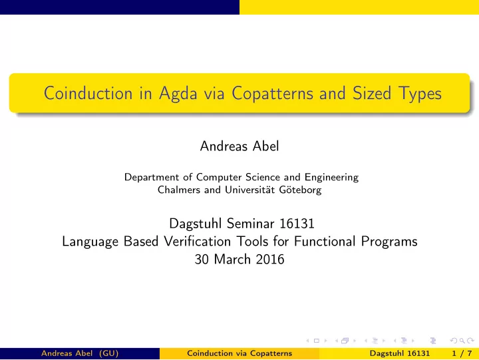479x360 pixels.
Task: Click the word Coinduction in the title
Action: point(88,93)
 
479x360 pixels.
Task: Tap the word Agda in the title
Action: point(178,94)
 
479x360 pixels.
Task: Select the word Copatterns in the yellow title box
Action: point(273,94)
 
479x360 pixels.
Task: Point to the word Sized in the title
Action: point(372,93)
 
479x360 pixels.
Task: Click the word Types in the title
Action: point(420,94)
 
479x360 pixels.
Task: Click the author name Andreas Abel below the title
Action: point(239,146)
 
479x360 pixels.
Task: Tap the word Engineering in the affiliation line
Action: point(331,177)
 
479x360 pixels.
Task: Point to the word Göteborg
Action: point(300,190)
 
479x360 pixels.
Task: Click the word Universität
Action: point(250,190)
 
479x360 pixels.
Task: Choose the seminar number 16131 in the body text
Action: point(297,224)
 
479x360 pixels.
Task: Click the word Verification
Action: point(198,242)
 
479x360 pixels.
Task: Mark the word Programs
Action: point(389,242)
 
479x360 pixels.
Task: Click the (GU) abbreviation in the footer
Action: point(108,353)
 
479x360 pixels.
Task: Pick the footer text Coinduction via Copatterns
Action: point(239,353)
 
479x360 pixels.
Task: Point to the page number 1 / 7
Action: point(462,353)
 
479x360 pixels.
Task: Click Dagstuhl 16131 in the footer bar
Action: point(400,353)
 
